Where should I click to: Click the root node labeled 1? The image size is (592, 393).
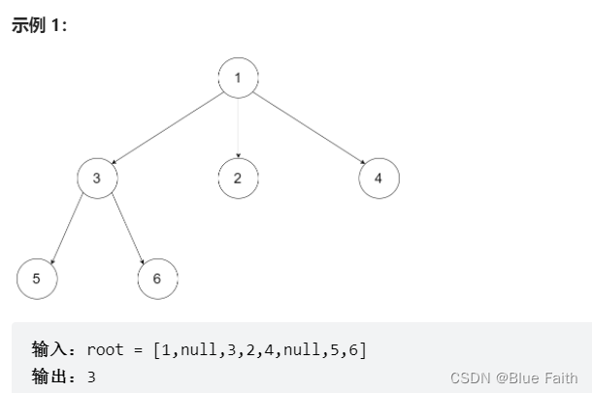coord(238,79)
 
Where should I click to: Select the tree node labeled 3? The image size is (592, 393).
coord(97,179)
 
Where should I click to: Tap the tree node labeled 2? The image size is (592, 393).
coord(238,179)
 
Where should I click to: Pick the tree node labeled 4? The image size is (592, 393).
coord(378,179)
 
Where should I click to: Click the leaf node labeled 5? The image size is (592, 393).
coord(37,278)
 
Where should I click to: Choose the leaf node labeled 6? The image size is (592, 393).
coord(157,278)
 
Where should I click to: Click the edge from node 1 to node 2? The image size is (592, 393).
coord(238,128)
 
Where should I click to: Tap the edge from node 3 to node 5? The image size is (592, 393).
coord(67,229)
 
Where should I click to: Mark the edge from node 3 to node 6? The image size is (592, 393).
coord(127,229)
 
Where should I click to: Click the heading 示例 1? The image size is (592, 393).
coord(38,25)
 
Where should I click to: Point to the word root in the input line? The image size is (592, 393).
coord(105,349)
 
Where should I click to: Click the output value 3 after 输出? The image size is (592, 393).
coord(91,377)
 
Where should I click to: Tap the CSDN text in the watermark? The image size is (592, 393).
coord(471,377)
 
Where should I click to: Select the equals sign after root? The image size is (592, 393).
coord(139,349)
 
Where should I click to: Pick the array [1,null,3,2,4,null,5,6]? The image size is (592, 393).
coord(260,349)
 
